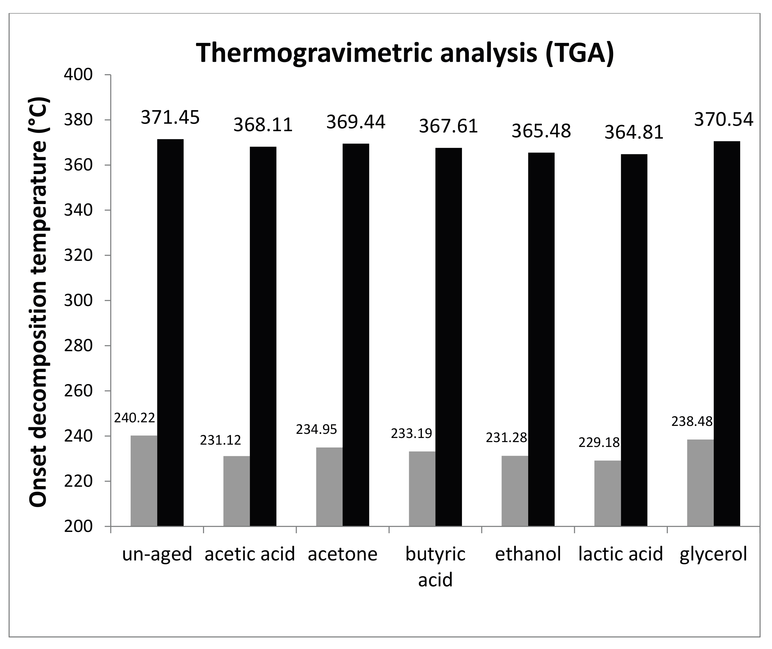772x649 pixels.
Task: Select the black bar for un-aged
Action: point(170,333)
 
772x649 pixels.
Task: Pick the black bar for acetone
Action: point(356,335)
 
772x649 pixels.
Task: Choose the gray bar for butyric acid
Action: point(422,489)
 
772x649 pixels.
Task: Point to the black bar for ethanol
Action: point(541,339)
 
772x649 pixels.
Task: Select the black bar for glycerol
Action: point(727,334)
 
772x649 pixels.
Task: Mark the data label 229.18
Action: point(599,442)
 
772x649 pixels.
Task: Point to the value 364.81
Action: point(634,132)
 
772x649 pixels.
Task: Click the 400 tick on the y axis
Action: point(78,75)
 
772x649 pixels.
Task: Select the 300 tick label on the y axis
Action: point(78,301)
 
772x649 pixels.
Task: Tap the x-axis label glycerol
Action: point(713,554)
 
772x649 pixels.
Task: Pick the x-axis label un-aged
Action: point(157,554)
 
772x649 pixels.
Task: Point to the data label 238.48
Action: point(692,421)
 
